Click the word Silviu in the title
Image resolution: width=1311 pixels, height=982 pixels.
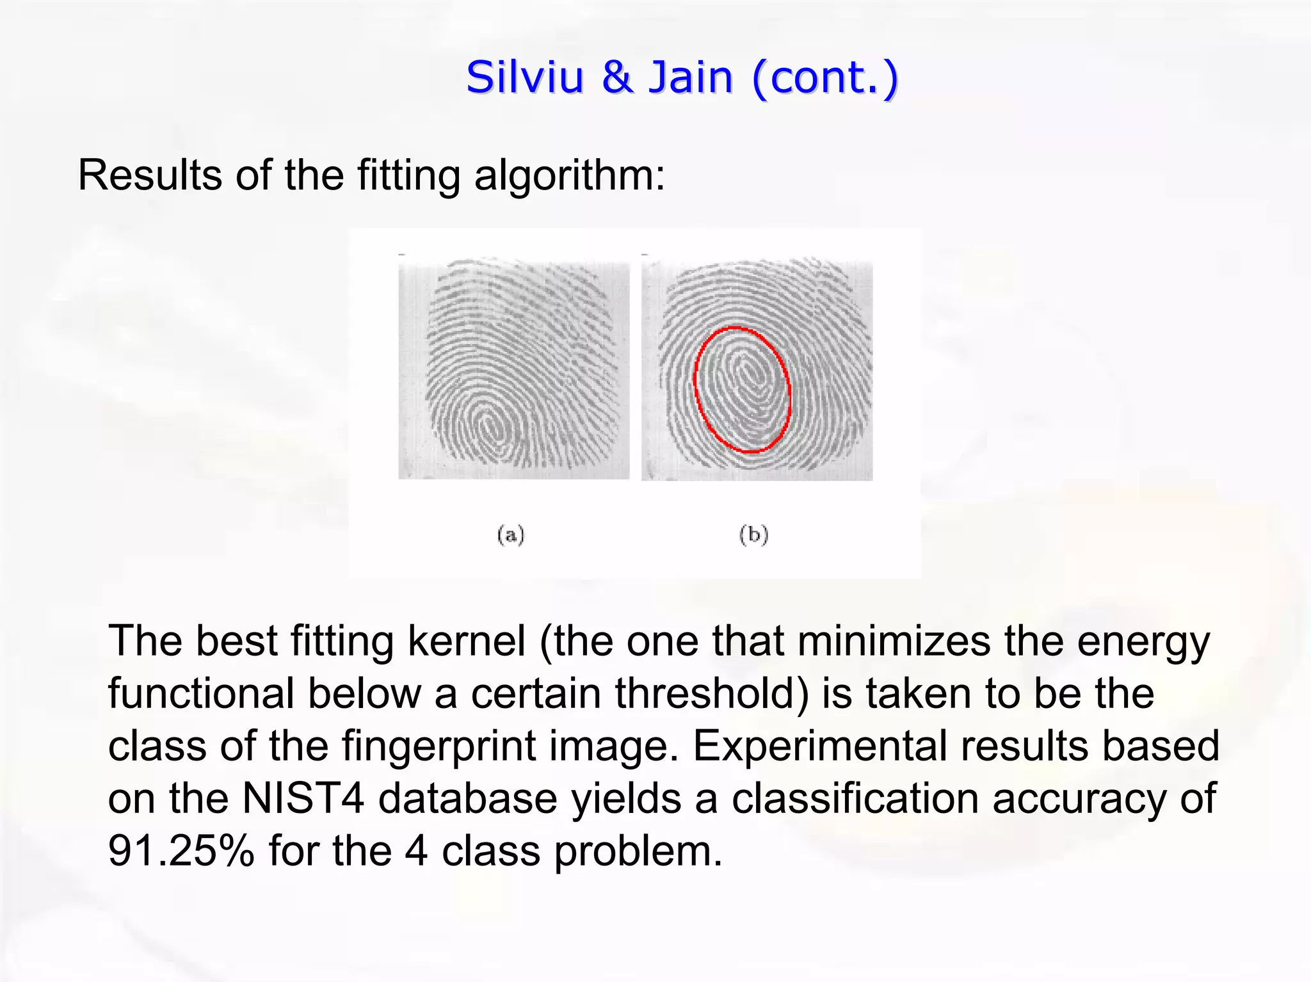(x=525, y=77)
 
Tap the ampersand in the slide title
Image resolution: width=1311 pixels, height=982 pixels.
(x=616, y=77)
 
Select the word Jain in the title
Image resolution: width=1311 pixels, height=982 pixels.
(x=691, y=77)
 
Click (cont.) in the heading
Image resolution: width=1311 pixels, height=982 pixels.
(x=826, y=79)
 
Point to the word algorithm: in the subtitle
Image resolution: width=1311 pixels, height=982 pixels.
(x=570, y=175)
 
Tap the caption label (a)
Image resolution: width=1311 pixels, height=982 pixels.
(x=511, y=535)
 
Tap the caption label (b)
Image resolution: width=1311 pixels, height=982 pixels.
(x=753, y=535)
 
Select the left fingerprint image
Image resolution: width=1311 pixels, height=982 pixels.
(x=513, y=369)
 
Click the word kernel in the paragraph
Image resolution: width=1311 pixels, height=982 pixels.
(x=466, y=641)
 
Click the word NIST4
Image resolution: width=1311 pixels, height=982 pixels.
(x=303, y=798)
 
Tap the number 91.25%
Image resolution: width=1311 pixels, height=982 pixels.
(x=181, y=851)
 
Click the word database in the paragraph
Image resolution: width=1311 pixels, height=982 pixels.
(x=468, y=798)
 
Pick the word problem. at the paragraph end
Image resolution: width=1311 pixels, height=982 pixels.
(x=638, y=852)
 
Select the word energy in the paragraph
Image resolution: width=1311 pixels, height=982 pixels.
(x=1143, y=642)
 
